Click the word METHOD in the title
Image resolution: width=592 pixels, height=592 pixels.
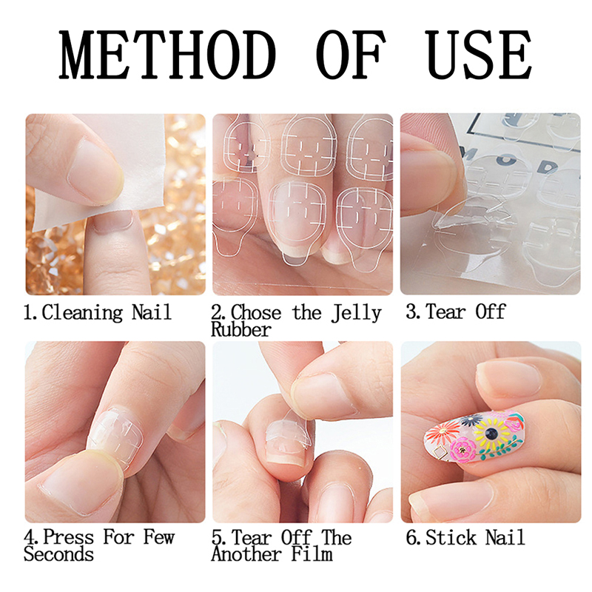click(167, 55)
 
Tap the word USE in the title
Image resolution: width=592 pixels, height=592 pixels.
click(478, 55)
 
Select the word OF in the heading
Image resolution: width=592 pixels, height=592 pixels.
click(351, 55)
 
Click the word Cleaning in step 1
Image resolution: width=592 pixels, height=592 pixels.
click(82, 313)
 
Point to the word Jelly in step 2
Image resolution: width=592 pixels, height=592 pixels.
click(357, 314)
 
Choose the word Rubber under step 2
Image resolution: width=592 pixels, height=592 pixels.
click(241, 329)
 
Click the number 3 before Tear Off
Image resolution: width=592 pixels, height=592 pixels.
click(411, 312)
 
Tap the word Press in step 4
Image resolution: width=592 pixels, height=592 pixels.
click(68, 537)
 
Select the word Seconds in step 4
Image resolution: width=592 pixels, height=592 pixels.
click(58, 554)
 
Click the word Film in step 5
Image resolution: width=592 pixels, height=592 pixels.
click(312, 554)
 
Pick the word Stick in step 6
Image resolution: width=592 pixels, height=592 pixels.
click(451, 538)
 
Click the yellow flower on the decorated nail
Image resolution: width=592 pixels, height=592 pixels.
click(491, 433)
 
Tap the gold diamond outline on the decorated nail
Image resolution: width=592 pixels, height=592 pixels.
click(440, 452)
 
